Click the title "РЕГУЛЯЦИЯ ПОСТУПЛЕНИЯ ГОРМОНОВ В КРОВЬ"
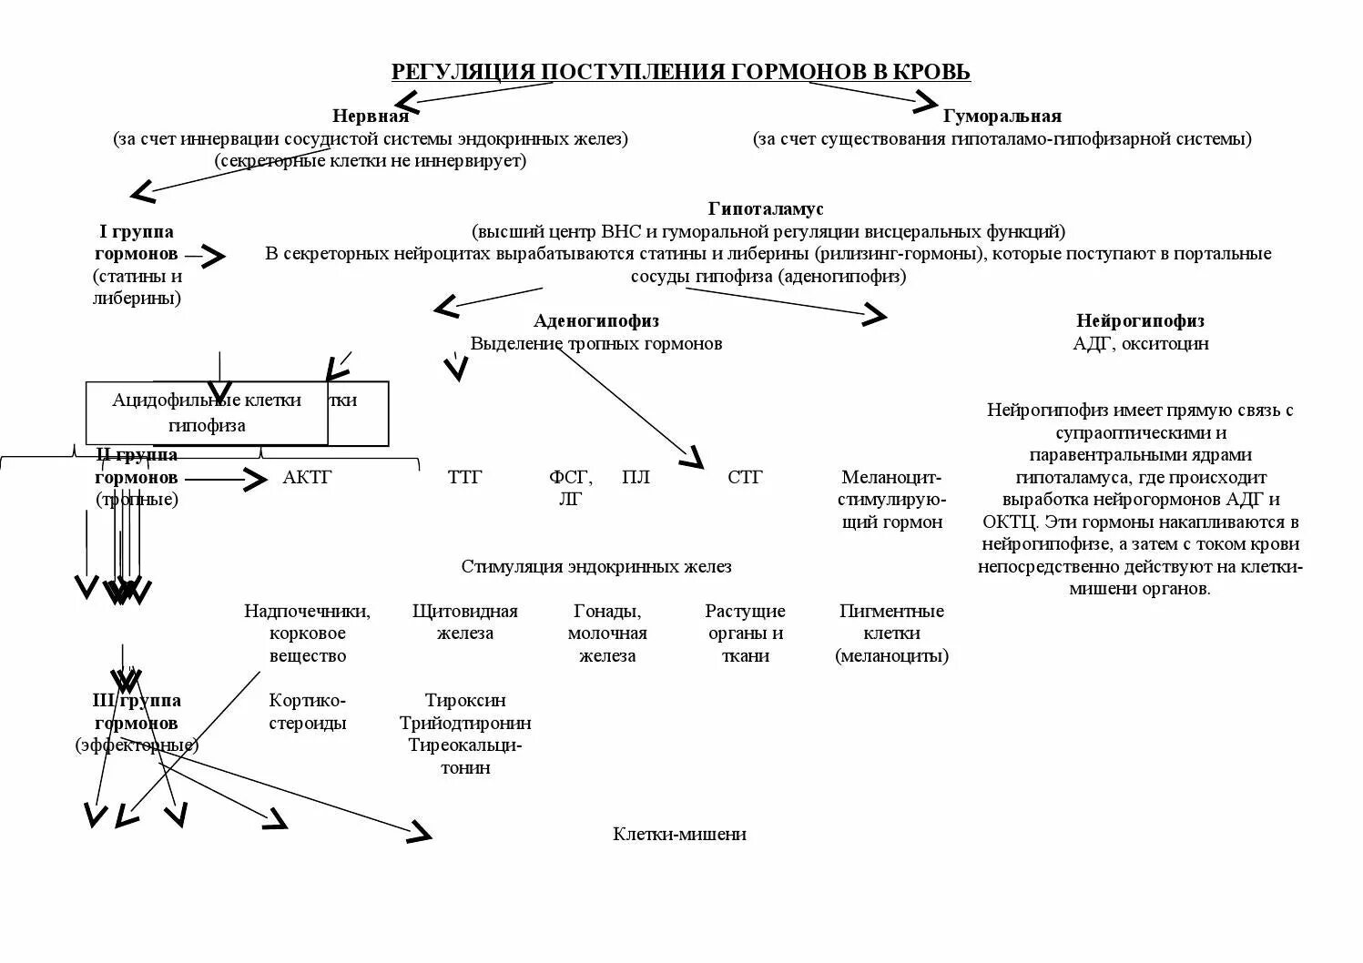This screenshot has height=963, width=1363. (680, 72)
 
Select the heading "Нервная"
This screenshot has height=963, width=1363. (370, 116)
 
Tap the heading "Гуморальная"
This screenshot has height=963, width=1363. (1002, 116)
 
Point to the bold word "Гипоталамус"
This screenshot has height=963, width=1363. (766, 209)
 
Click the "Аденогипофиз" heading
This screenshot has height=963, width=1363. (596, 320)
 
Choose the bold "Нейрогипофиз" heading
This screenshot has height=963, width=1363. (1140, 320)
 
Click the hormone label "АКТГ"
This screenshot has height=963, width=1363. (307, 477)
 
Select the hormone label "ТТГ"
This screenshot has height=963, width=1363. (464, 477)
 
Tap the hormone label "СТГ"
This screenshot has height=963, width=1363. (745, 477)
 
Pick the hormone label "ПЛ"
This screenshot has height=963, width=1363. (636, 477)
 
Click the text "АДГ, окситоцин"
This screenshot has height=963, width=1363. (1140, 343)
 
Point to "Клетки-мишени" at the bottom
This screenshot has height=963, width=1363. (679, 834)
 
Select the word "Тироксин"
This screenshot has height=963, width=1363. (465, 701)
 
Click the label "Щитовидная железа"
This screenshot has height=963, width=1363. (464, 622)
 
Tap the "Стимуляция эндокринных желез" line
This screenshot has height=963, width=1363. (595, 566)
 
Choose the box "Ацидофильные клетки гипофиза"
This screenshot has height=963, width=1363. (207, 412)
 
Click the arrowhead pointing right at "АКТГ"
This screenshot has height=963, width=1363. (255, 479)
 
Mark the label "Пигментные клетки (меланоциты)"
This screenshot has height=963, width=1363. (891, 633)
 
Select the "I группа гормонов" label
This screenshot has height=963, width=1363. (137, 243)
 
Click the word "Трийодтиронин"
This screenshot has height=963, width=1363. (465, 724)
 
